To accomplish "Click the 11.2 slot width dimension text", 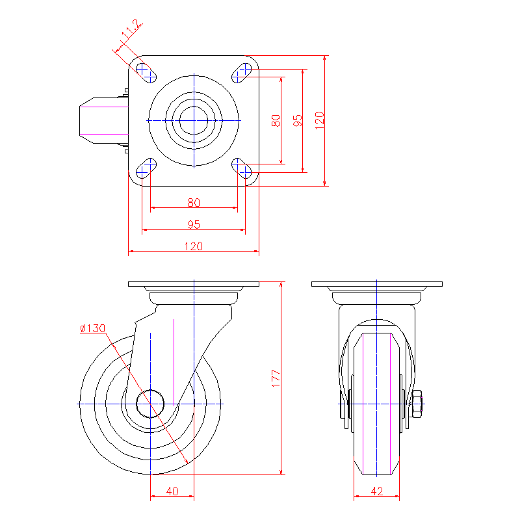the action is [x=131, y=29].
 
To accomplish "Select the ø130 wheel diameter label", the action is [x=93, y=328].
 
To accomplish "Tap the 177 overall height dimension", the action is [x=276, y=378].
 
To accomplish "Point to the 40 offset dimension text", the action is [x=172, y=491].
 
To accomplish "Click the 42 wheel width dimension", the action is [x=377, y=491].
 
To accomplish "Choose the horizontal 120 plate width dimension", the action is [x=193, y=246].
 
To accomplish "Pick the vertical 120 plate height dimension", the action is [x=319, y=121].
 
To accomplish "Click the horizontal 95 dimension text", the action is [x=194, y=224].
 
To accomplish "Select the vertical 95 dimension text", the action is [x=298, y=121].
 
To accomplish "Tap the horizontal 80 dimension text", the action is [x=194, y=203].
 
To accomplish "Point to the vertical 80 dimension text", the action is [x=276, y=121].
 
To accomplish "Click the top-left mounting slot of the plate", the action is [x=146, y=73].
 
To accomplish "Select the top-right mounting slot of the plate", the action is [x=241, y=73].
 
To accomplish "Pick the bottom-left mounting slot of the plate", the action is [x=146, y=168].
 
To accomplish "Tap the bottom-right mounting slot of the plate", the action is [x=241, y=168].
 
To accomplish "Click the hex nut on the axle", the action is [x=416, y=404].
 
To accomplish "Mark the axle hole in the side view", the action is [x=150, y=404].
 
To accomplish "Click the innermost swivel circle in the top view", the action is [x=194, y=121].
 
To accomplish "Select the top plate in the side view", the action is [x=194, y=284].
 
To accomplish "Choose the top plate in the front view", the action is [x=377, y=284].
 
